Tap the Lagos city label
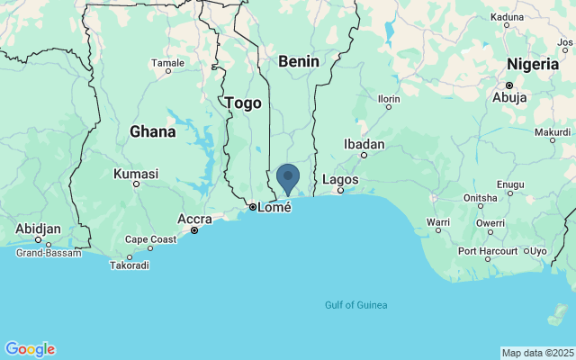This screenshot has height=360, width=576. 340,179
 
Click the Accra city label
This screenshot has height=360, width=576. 194,219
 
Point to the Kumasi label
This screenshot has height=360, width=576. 136,174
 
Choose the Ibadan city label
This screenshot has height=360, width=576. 364,144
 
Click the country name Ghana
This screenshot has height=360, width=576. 152,131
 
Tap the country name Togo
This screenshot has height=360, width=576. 243,103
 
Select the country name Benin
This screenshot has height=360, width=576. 299,61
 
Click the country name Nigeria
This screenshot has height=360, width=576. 532,64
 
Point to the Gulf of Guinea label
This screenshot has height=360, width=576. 356,305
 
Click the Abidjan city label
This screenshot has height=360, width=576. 38,229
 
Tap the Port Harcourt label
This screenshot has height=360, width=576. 487,251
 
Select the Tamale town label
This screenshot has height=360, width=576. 167,63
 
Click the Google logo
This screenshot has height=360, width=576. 30,349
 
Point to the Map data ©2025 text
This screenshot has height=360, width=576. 537,353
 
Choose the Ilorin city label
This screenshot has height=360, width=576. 389,98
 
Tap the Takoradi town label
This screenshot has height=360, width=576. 129,265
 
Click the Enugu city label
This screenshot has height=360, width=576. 510,184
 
